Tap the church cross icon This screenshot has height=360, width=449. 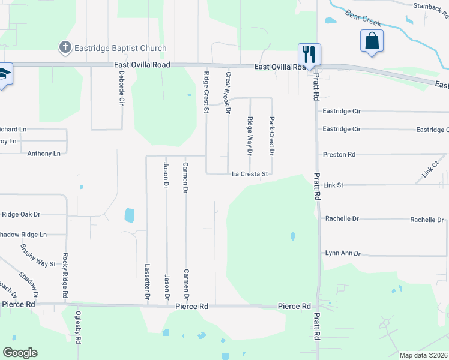(x=65, y=47)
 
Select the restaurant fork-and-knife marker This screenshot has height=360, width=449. (x=310, y=55)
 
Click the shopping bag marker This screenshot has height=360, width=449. (x=372, y=41)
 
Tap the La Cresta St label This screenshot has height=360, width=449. (x=250, y=174)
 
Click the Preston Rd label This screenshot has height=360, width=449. (x=339, y=154)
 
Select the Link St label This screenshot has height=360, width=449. (x=333, y=185)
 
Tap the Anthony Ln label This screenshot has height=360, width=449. (x=44, y=154)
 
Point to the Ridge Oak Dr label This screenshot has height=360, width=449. (x=21, y=214)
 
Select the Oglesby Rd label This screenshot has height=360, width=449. (x=77, y=328)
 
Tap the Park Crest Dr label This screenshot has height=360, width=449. (x=271, y=136)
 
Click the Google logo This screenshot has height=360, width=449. (x=20, y=353)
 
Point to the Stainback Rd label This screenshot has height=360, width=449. (x=430, y=6)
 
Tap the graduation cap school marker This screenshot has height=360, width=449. (x=4, y=74)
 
